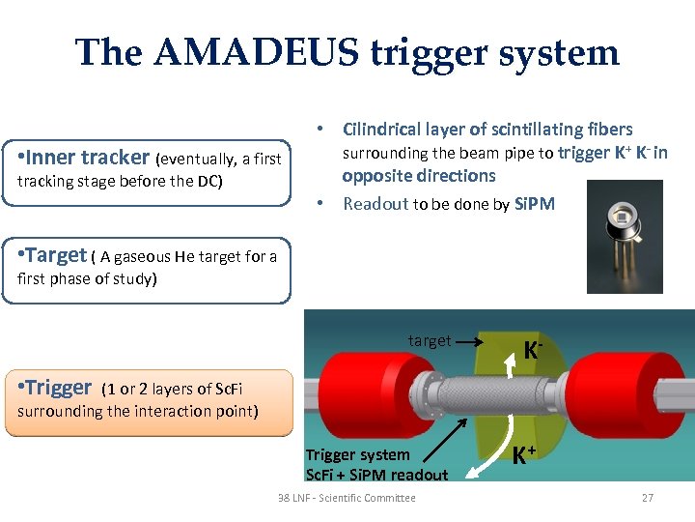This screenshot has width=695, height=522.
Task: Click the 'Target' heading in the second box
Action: coord(57,255)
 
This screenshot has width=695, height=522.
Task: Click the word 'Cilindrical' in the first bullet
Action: coord(383,130)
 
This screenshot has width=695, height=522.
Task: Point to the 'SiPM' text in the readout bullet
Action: coord(535,203)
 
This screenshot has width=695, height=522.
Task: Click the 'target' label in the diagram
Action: coord(429,340)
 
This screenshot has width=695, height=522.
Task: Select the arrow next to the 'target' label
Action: coord(472,341)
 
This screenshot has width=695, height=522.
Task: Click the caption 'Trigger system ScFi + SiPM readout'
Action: coord(376,464)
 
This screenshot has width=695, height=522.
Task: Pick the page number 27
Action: coord(647,498)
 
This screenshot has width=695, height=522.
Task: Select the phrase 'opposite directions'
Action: coord(418,176)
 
